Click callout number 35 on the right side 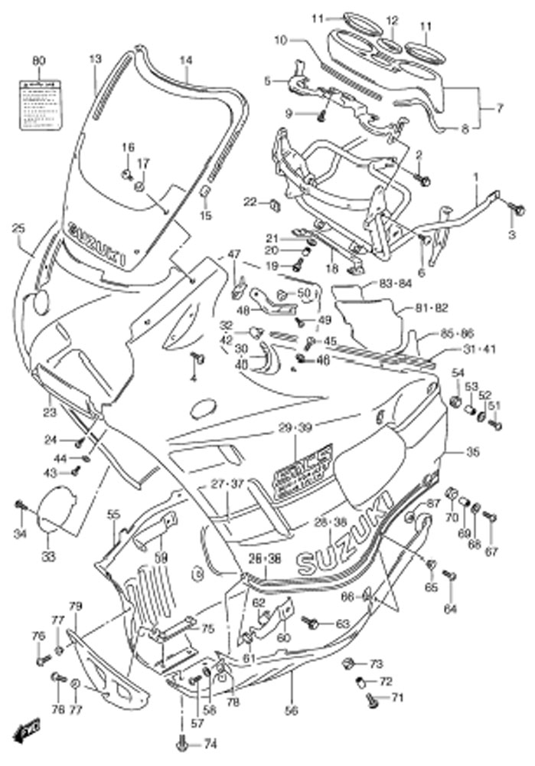[x=473, y=453]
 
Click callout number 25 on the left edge [x=19, y=228]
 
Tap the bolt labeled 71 [x=372, y=698]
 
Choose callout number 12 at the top [x=392, y=21]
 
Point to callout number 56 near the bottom [x=290, y=689]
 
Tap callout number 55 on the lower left [x=114, y=514]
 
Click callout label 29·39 [x=295, y=427]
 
